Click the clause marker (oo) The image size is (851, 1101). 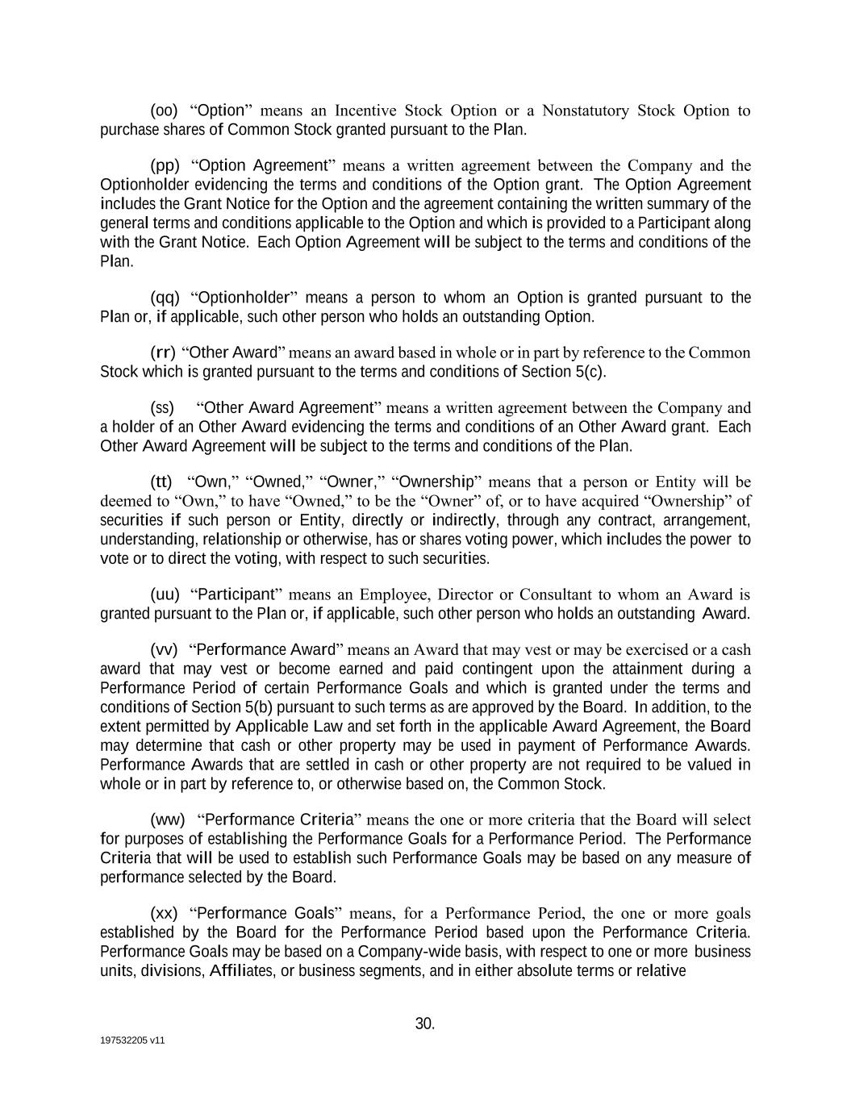[164, 111]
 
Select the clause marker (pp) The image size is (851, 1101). [165, 166]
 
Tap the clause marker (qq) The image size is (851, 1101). [165, 298]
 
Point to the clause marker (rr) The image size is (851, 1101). [163, 352]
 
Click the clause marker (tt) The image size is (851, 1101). [161, 482]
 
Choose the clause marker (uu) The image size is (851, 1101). [165, 595]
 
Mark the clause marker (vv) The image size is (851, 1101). [164, 650]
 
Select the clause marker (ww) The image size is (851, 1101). [168, 820]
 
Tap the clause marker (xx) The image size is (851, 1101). [164, 914]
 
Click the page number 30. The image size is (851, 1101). [425, 1024]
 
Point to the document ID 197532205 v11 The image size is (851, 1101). [132, 1041]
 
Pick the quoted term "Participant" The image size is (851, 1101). [236, 595]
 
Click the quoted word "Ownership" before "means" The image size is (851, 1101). [436, 482]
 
